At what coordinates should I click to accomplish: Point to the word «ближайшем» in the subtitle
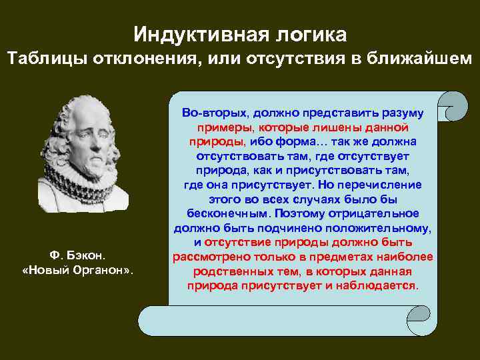click(418, 59)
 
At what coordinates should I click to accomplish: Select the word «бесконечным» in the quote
click(226, 213)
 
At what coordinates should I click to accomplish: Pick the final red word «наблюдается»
click(385, 285)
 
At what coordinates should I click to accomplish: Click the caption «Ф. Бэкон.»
click(78, 255)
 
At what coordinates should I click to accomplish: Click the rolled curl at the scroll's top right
click(457, 107)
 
